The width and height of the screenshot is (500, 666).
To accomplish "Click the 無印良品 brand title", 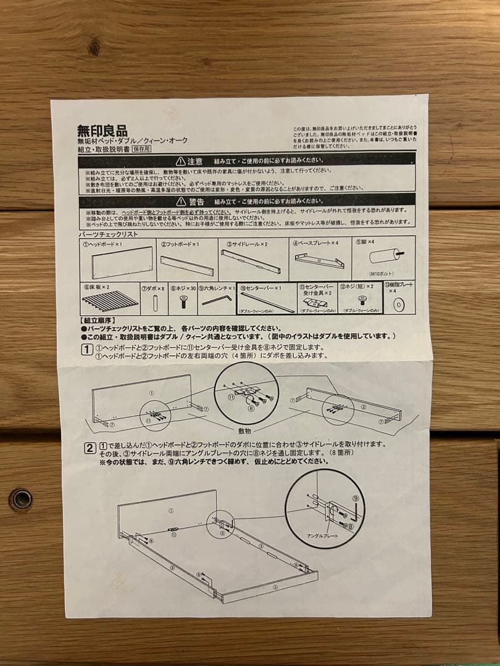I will [102, 131].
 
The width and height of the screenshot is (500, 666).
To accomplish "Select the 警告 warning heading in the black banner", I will [196, 202].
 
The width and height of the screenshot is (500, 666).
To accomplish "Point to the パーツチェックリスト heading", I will [108, 234].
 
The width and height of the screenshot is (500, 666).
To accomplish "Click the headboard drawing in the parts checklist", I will [122, 262].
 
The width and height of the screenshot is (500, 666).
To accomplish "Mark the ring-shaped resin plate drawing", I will [399, 304].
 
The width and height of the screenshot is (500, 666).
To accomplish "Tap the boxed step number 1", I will [88, 350].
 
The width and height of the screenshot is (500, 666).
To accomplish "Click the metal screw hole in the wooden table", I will [21, 499].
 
